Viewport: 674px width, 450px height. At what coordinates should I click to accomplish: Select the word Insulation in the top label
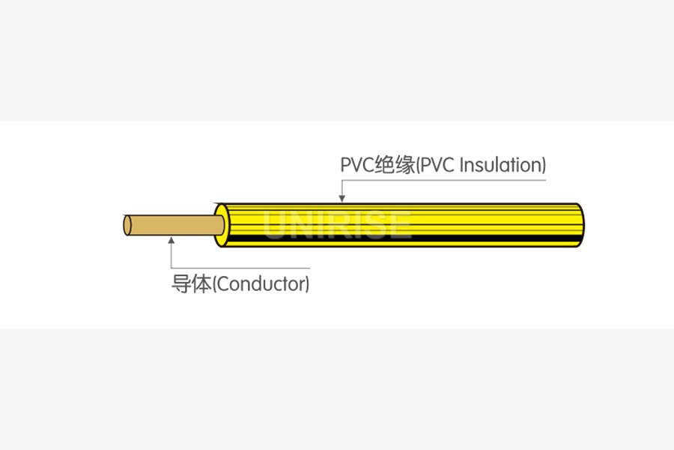[x=500, y=165]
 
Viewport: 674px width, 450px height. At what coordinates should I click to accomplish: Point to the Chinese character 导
[x=182, y=285]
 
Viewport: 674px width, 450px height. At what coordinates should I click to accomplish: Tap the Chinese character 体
[x=202, y=285]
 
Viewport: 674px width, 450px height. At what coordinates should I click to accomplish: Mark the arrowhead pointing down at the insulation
[x=342, y=198]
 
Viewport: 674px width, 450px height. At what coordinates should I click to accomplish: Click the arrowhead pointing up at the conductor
[x=171, y=241]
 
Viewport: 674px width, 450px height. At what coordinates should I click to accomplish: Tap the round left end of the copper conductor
[x=128, y=225]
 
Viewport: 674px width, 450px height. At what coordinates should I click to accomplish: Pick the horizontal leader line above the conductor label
[x=240, y=268]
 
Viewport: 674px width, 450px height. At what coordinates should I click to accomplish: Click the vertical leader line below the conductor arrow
[x=171, y=256]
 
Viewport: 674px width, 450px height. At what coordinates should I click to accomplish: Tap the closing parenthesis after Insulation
[x=543, y=166]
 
